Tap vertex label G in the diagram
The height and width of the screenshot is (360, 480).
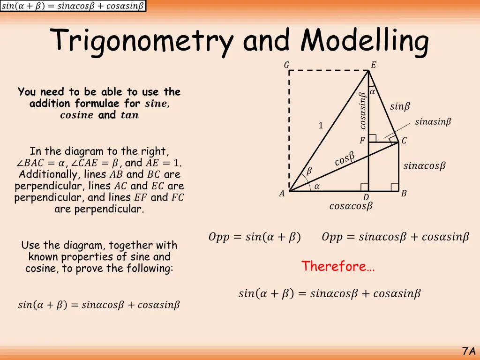[x=286, y=65]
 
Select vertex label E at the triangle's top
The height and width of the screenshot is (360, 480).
[x=373, y=65]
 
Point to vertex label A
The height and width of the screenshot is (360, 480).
[x=282, y=194]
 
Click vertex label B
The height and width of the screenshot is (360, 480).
[x=404, y=194]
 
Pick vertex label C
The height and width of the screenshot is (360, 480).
[x=404, y=141]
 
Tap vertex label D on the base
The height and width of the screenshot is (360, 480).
[x=366, y=197]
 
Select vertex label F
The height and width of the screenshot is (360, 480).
[x=362, y=141]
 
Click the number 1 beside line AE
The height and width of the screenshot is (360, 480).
[x=321, y=126]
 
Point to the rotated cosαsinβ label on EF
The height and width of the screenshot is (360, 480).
[x=362, y=110]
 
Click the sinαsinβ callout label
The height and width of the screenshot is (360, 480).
[x=433, y=122]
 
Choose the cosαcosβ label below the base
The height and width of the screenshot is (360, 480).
[x=351, y=206]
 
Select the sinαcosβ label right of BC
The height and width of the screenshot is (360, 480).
[x=424, y=166]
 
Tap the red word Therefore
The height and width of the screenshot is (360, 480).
[x=337, y=266]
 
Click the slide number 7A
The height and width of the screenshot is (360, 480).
[x=468, y=351]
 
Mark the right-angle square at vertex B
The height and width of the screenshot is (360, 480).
[x=395, y=187]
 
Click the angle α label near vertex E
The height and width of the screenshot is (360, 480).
[x=372, y=92]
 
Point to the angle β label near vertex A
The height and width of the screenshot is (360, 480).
[x=309, y=171]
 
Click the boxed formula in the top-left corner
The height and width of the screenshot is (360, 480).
[x=73, y=6]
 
